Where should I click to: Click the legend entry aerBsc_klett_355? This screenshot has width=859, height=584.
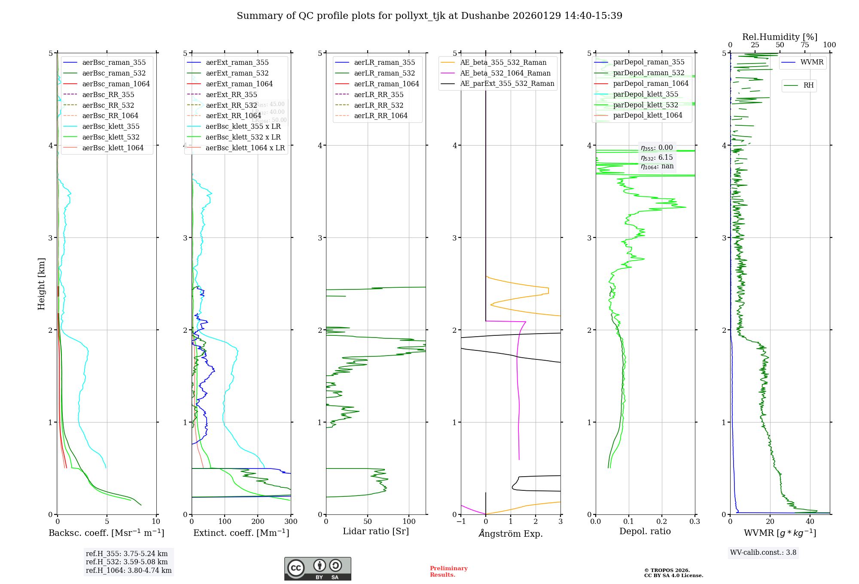[111, 126]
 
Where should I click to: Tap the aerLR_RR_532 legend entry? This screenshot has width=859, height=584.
[378, 105]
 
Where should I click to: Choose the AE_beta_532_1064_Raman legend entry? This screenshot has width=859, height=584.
[505, 73]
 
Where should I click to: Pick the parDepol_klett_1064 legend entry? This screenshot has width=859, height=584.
[647, 115]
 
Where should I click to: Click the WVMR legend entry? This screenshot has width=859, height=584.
[812, 62]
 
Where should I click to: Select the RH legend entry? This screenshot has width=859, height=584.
[808, 85]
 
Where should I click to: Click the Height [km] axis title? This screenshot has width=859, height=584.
[41, 283]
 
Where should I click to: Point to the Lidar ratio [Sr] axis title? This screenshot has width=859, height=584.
[376, 531]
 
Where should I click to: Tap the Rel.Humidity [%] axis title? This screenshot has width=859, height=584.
[780, 37]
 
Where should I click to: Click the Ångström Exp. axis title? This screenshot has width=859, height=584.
[511, 533]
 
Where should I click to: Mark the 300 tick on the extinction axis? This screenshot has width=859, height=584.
[291, 522]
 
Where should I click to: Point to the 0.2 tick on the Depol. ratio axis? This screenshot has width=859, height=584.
[662, 522]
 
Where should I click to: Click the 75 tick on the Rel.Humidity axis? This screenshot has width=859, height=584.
[805, 45]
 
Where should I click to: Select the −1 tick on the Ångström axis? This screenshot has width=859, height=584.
[461, 522]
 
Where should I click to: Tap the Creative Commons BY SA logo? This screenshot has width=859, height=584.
[317, 569]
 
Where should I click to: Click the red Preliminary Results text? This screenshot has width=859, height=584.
[448, 571]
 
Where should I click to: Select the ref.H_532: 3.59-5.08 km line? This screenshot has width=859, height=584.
[127, 562]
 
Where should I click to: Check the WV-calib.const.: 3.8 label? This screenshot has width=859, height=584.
[763, 552]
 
